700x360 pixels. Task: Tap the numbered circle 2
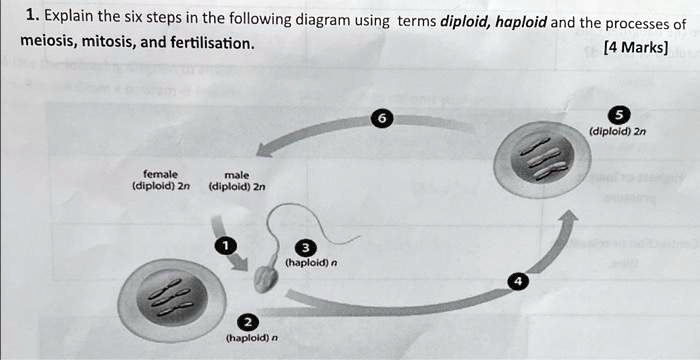pos(248,321)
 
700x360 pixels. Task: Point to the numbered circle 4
pos(517,282)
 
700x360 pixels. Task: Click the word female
pos(160,173)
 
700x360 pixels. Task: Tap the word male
pos(237,173)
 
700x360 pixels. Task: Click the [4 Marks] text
pos(636,46)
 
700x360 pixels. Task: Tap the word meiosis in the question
pos(49,44)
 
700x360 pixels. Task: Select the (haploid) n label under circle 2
pos(251,338)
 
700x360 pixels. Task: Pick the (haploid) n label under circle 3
pos(311,265)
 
